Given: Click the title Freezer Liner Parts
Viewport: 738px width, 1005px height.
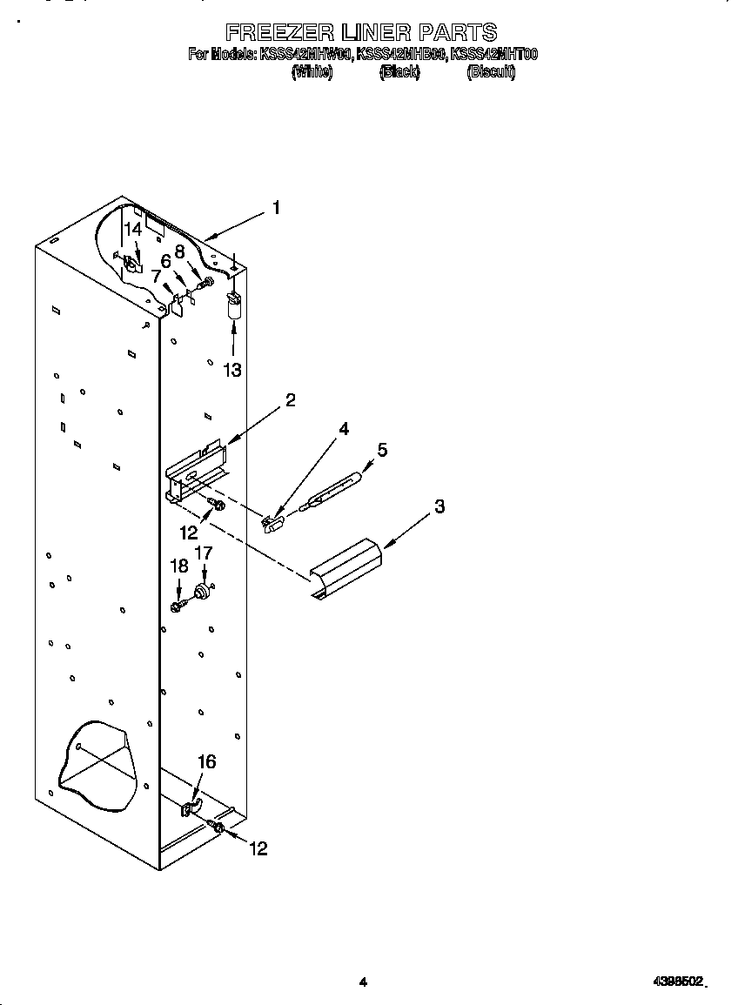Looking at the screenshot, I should tap(361, 33).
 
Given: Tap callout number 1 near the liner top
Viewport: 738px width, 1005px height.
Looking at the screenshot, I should tap(276, 208).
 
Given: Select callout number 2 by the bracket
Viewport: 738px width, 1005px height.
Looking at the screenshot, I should tap(290, 399).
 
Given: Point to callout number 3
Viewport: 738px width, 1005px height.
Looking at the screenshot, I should tap(439, 506).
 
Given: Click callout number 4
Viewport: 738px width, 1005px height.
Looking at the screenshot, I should tap(344, 429).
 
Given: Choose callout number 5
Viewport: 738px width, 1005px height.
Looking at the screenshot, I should tap(381, 450).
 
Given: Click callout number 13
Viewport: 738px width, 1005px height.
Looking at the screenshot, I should tap(231, 370).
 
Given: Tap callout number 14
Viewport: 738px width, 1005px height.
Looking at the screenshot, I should tap(131, 230).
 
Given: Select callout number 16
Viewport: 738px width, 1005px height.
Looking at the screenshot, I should tap(205, 762).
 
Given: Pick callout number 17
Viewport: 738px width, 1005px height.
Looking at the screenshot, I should tap(203, 553).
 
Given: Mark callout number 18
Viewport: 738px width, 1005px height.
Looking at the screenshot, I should tap(178, 566).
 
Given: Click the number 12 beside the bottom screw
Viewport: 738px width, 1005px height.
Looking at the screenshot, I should tap(258, 849).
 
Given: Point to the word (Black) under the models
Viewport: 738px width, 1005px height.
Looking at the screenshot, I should tap(399, 73).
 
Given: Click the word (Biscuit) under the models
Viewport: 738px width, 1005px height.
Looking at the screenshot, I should tap(491, 73).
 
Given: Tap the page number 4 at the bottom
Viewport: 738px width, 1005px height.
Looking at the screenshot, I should tap(363, 982).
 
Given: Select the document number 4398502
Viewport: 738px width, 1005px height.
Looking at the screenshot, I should tap(678, 982).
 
